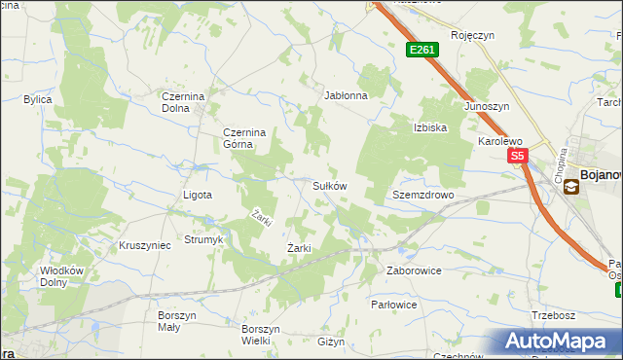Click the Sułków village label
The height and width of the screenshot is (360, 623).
pyautogui.click(x=329, y=185)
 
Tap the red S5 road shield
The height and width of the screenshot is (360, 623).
pyautogui.click(x=516, y=156)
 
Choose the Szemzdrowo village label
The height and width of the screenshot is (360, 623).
pyautogui.click(x=423, y=195)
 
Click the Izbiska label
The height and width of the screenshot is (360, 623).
pyautogui.click(x=429, y=127)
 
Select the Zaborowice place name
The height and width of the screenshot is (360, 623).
pyautogui.click(x=414, y=270)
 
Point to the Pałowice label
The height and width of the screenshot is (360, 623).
pyautogui.click(x=394, y=305)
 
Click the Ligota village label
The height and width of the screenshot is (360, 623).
pyautogui.click(x=198, y=195)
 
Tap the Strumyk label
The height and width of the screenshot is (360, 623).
pyautogui.click(x=204, y=239)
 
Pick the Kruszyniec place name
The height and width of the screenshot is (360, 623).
pyautogui.click(x=144, y=245)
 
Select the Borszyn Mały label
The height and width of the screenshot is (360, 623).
pyautogui.click(x=177, y=321)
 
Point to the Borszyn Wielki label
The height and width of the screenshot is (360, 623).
pyautogui.click(x=262, y=335)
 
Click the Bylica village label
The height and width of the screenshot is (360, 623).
pyautogui.click(x=38, y=99)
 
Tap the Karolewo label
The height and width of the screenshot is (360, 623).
pyautogui.click(x=500, y=141)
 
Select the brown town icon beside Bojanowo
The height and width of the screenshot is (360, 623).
pyautogui.click(x=570, y=188)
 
